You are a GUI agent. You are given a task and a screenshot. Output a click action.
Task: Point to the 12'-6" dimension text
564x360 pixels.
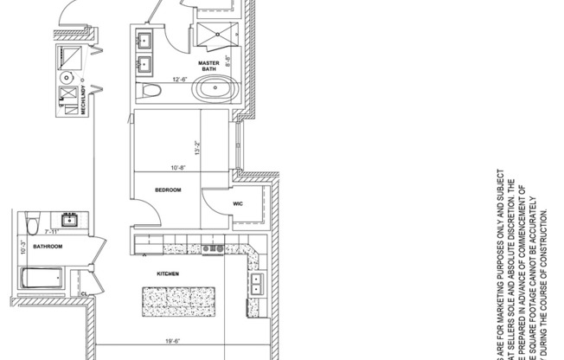pyautogui.click(x=179, y=80)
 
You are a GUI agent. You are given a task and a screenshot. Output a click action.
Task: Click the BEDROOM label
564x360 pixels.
pyautogui.click(x=167, y=190)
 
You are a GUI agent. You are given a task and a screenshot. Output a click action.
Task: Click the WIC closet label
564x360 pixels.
pyautogui.click(x=238, y=203)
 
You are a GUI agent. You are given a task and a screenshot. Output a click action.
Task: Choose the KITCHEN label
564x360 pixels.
pyautogui.click(x=167, y=274)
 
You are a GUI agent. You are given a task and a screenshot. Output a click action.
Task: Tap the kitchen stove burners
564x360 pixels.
pyautogui.click(x=212, y=249)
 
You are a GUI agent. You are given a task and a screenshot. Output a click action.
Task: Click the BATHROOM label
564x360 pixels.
pyautogui.click(x=48, y=247)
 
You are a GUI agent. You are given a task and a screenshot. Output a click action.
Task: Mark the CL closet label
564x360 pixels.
pyautogui.click(x=83, y=294)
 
